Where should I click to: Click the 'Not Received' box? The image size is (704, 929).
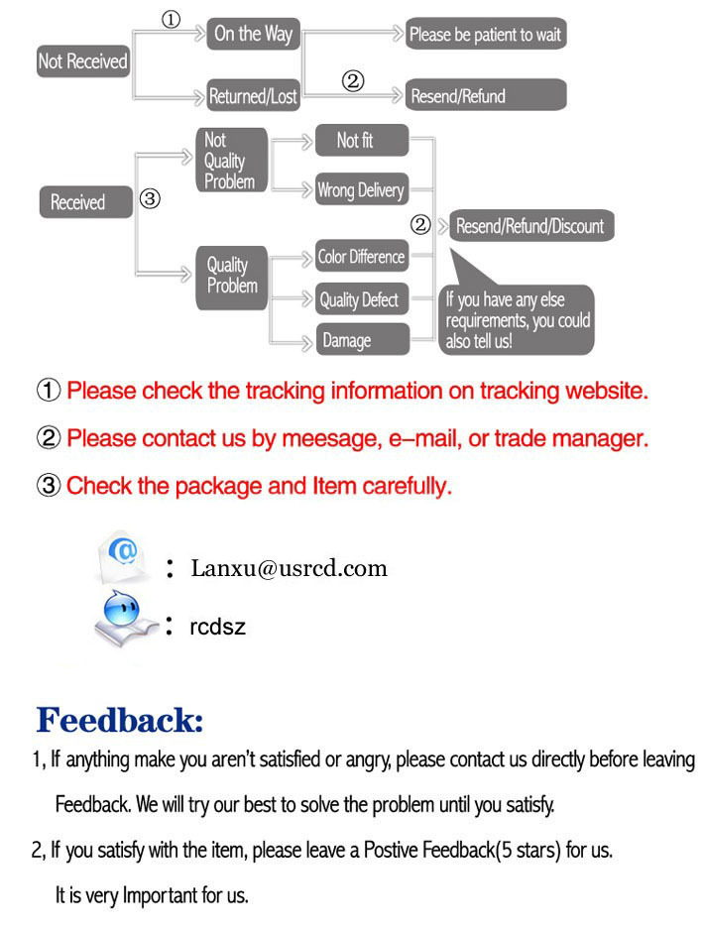[x=83, y=61]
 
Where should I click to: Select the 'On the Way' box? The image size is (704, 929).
[x=253, y=34]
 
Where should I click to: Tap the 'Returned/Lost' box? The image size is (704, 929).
[x=253, y=95]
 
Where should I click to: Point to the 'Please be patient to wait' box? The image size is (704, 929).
[x=485, y=34]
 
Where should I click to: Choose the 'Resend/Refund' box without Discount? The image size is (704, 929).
[x=485, y=95]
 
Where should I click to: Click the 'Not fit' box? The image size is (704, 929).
[x=362, y=141]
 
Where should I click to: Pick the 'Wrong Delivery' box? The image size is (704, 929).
[x=362, y=189]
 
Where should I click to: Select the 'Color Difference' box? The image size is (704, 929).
[x=362, y=256]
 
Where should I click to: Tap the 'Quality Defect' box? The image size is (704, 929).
[x=362, y=299]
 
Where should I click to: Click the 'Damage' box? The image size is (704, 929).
[x=362, y=339]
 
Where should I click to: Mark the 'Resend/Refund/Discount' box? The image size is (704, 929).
[x=530, y=225]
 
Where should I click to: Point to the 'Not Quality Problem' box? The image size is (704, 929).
[x=232, y=160]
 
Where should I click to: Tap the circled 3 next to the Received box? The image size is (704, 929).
[x=150, y=198]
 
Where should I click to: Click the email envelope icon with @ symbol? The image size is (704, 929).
[x=123, y=557]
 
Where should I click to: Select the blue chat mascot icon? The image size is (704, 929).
[x=123, y=618]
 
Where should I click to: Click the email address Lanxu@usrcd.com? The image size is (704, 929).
[x=289, y=568]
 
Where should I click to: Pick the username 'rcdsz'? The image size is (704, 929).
[x=217, y=627]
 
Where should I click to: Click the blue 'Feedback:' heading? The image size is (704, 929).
[x=120, y=720]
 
